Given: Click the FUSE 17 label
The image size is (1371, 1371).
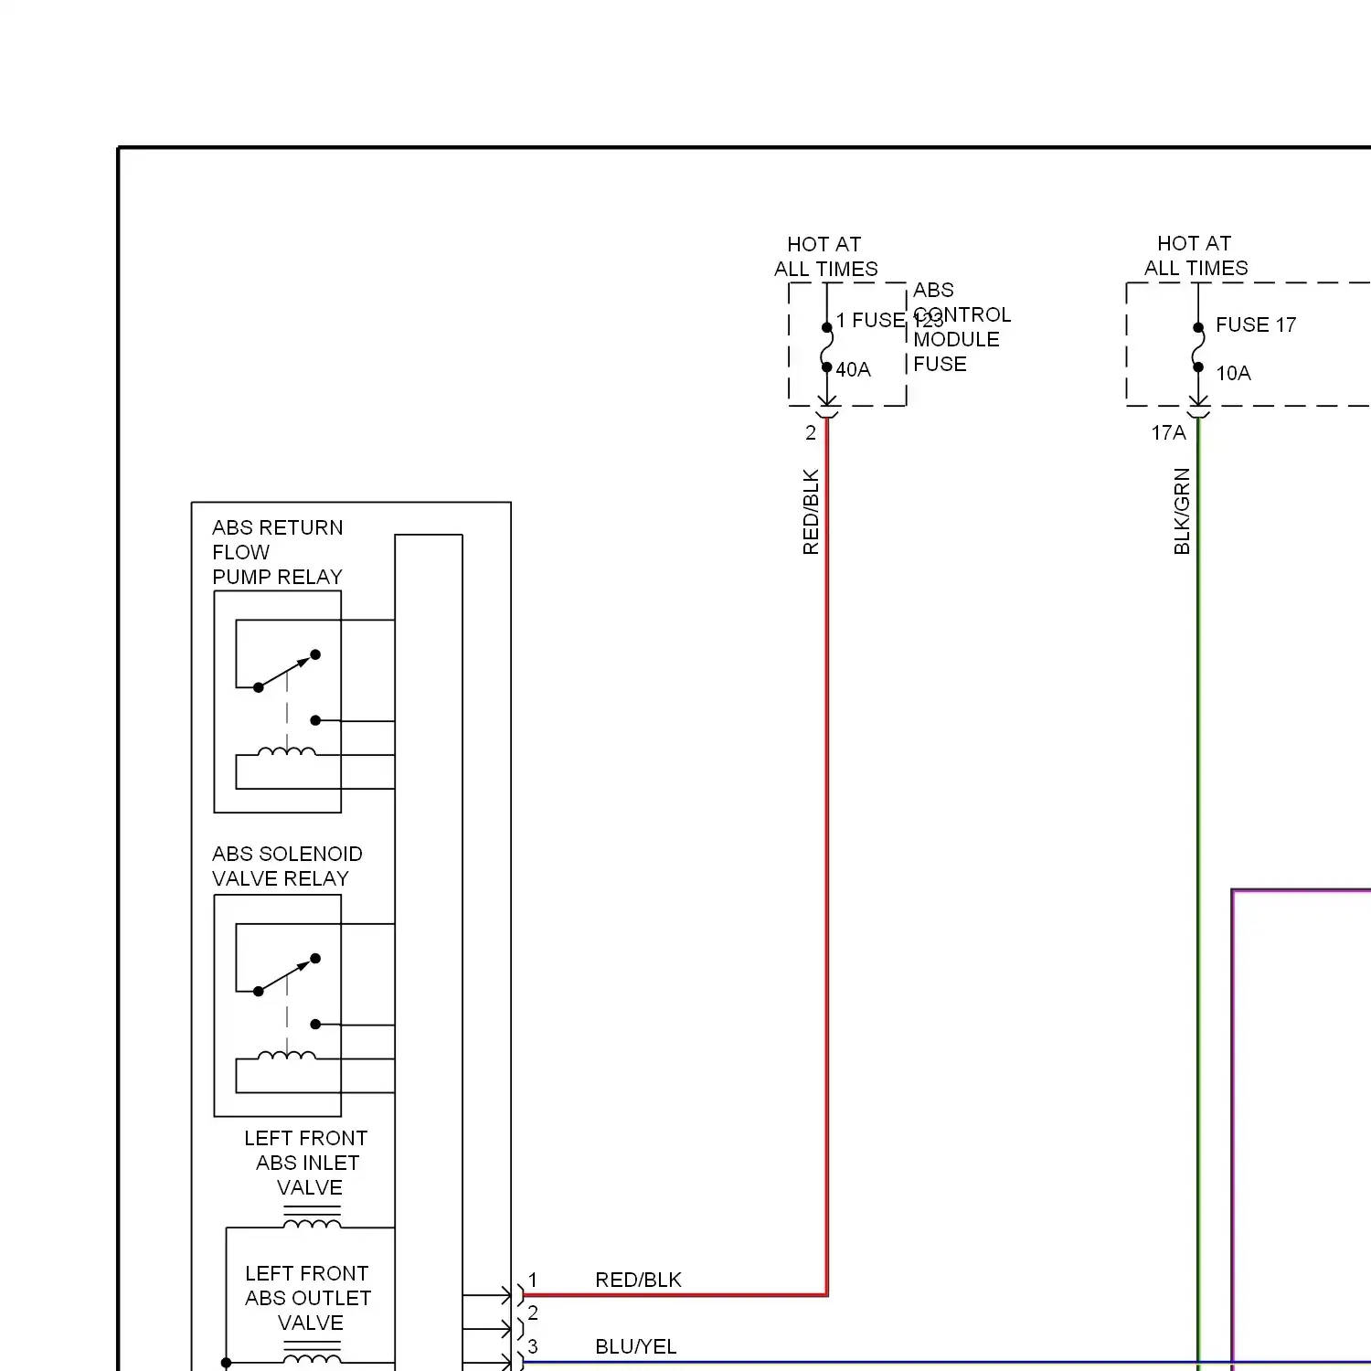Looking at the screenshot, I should point(1255,324).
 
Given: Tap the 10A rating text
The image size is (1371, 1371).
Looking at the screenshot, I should point(1233,373).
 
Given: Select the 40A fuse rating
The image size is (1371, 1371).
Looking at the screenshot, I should point(853,369).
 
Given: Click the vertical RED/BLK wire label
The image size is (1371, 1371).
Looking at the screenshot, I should point(811,512).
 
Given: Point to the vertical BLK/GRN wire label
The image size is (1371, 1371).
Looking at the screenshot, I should point(1182,511).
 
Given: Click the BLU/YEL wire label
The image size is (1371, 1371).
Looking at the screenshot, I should point(635,1346).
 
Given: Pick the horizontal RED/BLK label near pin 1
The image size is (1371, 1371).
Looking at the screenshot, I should point(638,1280).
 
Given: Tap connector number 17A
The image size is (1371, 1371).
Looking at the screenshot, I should point(1168,432).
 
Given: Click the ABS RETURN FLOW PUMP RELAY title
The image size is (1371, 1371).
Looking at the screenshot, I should point(277,552).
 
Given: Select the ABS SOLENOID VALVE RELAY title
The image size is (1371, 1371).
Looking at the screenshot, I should point(287,866).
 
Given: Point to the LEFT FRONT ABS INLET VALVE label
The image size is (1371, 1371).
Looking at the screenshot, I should point(307,1163).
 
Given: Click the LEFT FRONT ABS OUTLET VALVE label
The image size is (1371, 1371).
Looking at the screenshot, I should point(308,1298).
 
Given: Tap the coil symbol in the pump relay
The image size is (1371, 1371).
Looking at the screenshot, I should point(287,752).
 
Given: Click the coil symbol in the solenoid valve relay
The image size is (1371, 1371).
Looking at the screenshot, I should point(287,1056).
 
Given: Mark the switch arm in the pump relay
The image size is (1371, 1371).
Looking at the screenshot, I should point(286,671).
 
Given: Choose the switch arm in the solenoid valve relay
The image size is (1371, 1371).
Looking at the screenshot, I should point(286,975).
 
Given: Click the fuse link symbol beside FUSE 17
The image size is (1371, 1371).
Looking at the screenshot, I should point(1198,347).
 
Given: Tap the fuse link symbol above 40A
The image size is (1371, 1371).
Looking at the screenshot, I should point(827,347).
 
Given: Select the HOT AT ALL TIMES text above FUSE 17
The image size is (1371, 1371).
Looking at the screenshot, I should point(1196,256).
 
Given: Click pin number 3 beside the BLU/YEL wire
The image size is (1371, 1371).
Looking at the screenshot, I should point(533,1346).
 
